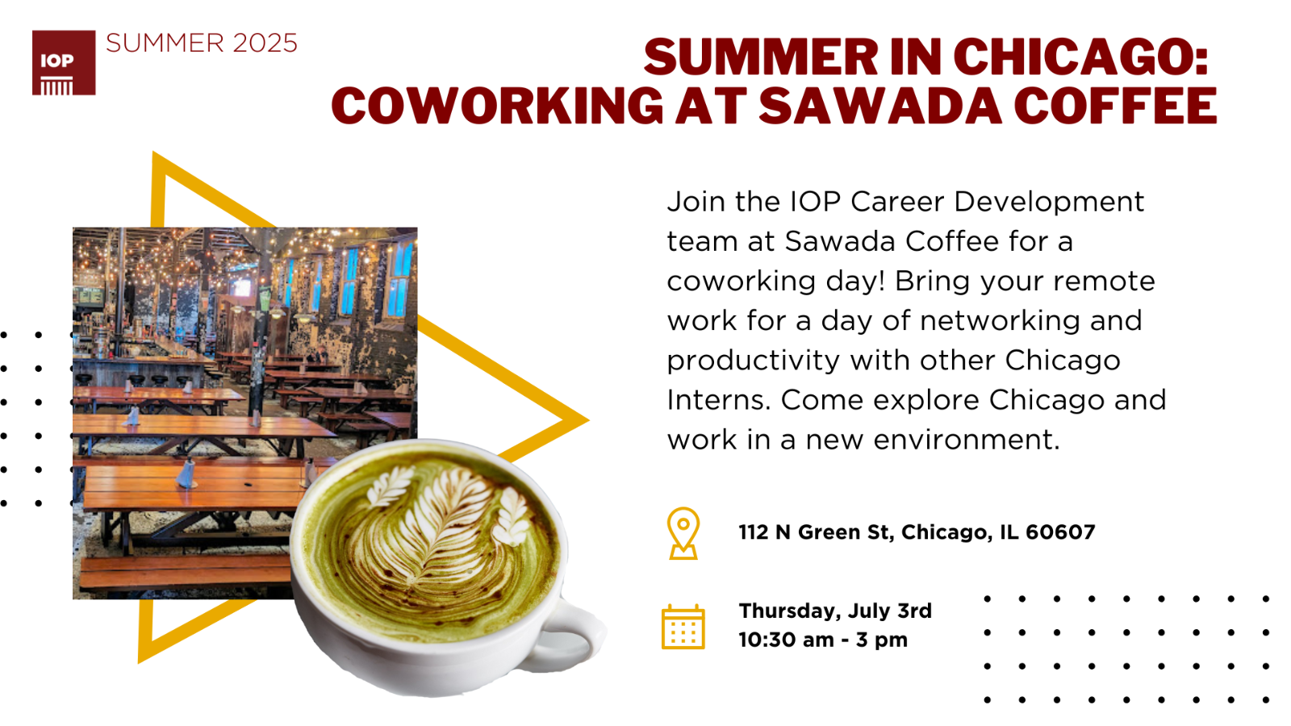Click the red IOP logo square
point(64,62)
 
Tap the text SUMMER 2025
point(202,44)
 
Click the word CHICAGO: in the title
point(1080,56)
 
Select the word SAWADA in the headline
point(880,106)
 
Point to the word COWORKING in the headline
point(497,106)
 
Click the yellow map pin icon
point(683,533)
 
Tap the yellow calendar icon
point(683,627)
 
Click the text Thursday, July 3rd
point(835,611)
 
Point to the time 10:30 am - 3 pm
point(823,640)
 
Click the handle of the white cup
point(570,634)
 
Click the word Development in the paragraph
point(1049,202)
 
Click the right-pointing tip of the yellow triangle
point(588,420)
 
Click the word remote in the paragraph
point(1105,282)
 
